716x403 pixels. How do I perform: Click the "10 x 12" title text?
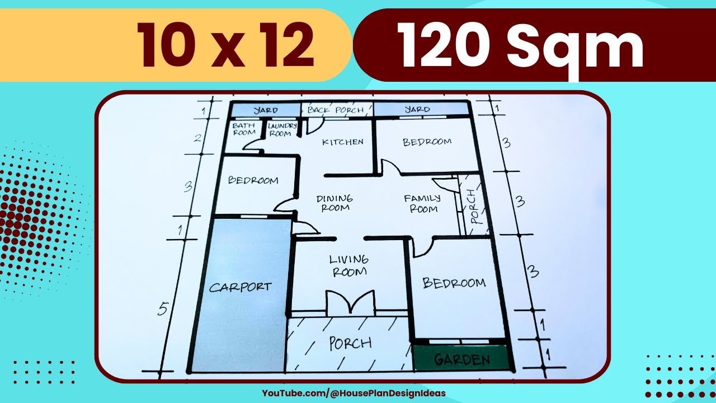click(226, 47)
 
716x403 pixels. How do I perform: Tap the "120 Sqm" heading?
click(520, 47)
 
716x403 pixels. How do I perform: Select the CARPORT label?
click(240, 288)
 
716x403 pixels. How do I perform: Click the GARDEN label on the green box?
click(462, 360)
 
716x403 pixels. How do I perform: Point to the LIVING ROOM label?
click(349, 265)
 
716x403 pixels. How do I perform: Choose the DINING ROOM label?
click(335, 203)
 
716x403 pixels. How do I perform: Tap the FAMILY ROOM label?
click(422, 203)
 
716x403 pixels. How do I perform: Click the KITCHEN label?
click(342, 142)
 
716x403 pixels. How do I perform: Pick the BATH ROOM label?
click(244, 129)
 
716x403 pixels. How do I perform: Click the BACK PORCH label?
click(335, 110)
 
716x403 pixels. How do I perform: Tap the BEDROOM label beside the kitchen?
click(427, 142)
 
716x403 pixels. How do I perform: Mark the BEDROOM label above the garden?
click(454, 283)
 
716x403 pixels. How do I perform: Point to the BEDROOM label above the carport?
click(253, 180)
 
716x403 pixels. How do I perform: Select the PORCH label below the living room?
click(350, 343)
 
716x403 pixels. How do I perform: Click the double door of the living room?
click(350, 303)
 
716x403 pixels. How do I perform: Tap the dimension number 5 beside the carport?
click(163, 308)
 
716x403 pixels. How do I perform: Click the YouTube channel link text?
click(354, 393)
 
